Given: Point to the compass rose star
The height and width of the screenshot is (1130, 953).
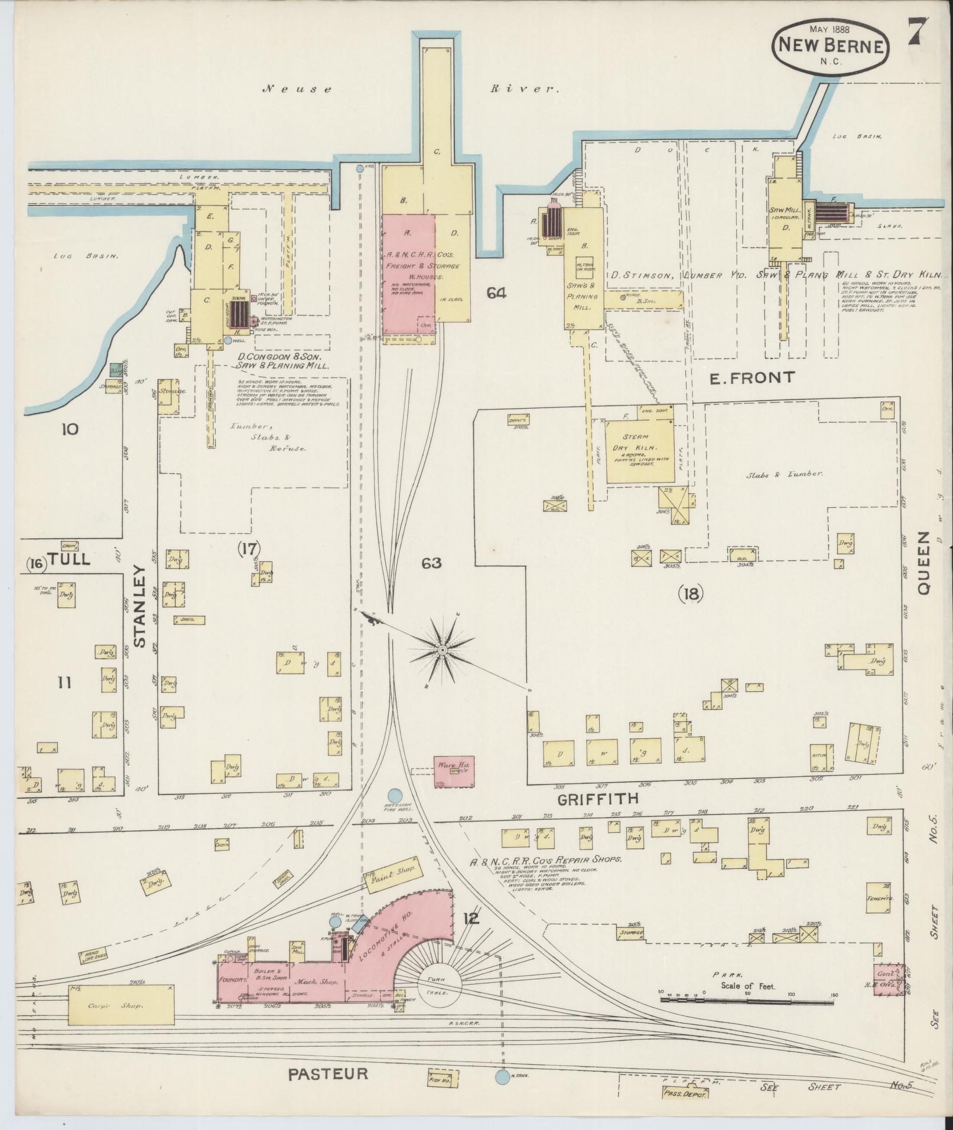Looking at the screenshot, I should coord(442,650).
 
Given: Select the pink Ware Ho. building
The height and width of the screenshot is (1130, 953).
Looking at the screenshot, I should coord(454,770).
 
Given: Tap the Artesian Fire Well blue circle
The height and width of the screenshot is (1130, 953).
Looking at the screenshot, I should coord(395,796).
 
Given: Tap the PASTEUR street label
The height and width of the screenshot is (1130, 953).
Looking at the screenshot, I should coord(328,1073).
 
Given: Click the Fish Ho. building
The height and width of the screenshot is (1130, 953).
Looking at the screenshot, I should coord(441,1079).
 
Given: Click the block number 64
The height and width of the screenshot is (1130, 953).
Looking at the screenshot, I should coord(496,292).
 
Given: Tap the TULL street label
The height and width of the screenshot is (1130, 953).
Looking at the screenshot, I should coord(70,559).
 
